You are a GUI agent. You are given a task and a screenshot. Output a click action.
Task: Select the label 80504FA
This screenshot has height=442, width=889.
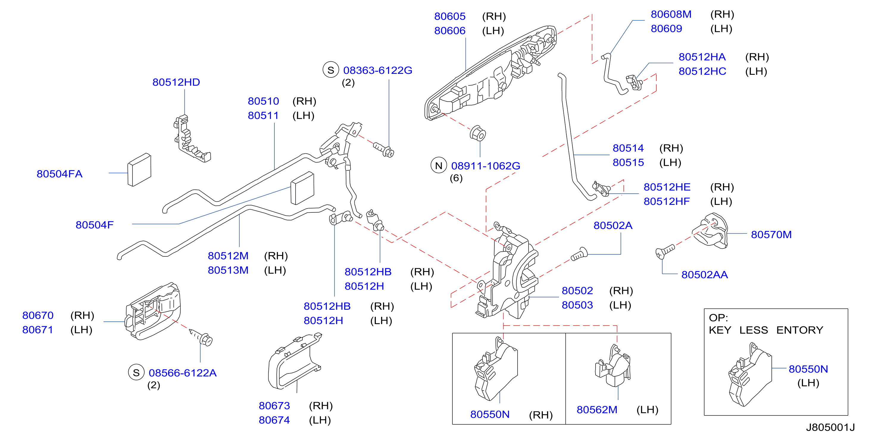point(60,174)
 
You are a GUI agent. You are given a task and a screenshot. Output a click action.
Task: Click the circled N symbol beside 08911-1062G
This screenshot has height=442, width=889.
point(439,165)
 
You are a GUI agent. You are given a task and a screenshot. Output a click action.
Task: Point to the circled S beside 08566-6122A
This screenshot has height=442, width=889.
point(136,373)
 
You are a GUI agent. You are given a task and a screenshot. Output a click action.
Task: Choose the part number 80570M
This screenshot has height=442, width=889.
point(771,234)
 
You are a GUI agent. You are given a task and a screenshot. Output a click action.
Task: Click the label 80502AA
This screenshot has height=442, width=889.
point(705,275)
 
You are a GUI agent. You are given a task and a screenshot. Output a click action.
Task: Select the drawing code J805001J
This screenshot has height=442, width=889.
point(830,427)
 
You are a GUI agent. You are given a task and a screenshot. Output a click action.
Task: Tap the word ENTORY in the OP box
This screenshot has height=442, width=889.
point(800,330)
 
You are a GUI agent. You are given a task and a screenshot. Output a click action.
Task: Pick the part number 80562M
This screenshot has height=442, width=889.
point(597,410)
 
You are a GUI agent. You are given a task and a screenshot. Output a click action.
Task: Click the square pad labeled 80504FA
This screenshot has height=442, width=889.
point(139,169)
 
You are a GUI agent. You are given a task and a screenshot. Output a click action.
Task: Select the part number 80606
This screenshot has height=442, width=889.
point(450,31)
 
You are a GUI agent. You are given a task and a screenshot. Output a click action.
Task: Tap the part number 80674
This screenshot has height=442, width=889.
point(274,420)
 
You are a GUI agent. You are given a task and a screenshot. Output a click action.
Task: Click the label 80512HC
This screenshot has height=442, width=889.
point(702,71)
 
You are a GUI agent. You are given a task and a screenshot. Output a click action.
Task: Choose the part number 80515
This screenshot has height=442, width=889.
point(628,162)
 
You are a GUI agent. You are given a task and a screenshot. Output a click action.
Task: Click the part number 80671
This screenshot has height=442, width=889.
point(38,330)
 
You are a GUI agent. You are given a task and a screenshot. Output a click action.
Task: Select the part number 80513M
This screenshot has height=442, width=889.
point(228,270)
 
